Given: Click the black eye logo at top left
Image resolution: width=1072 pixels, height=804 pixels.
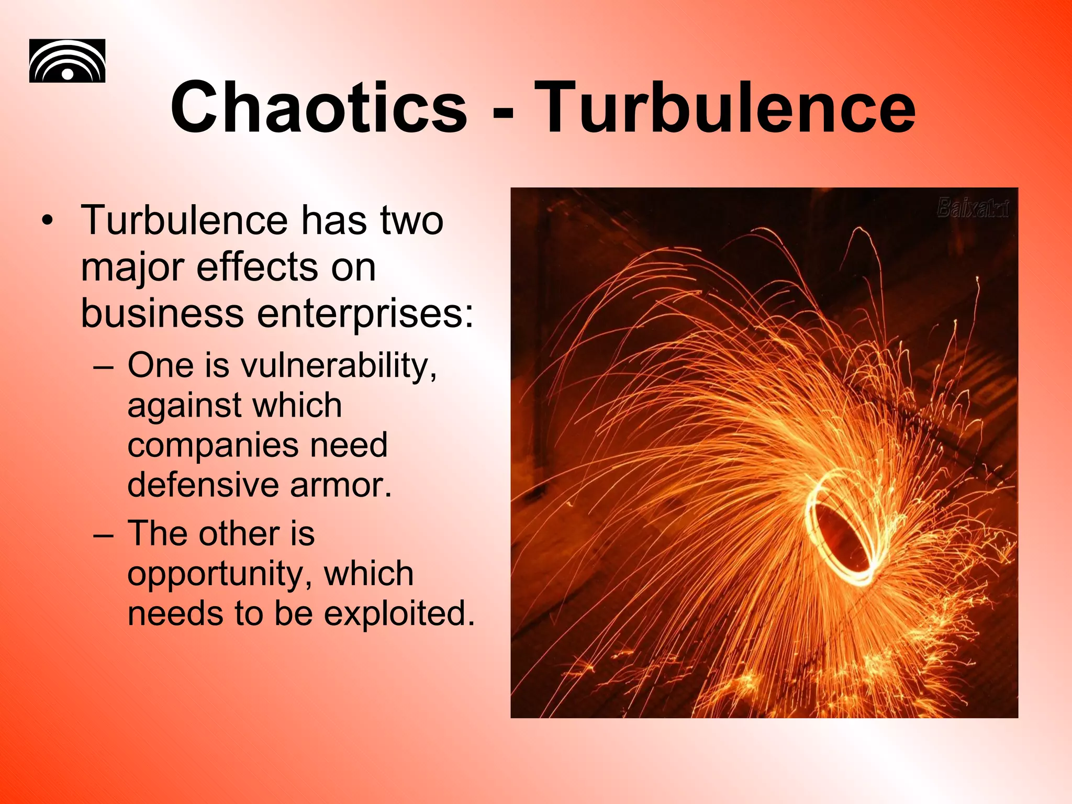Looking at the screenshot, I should (67, 61).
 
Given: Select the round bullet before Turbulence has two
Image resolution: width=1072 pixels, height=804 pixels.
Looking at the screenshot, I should (48, 221).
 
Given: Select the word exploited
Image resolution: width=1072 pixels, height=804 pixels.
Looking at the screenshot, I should (399, 613).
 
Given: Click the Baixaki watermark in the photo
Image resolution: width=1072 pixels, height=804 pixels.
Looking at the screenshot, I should (973, 208).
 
